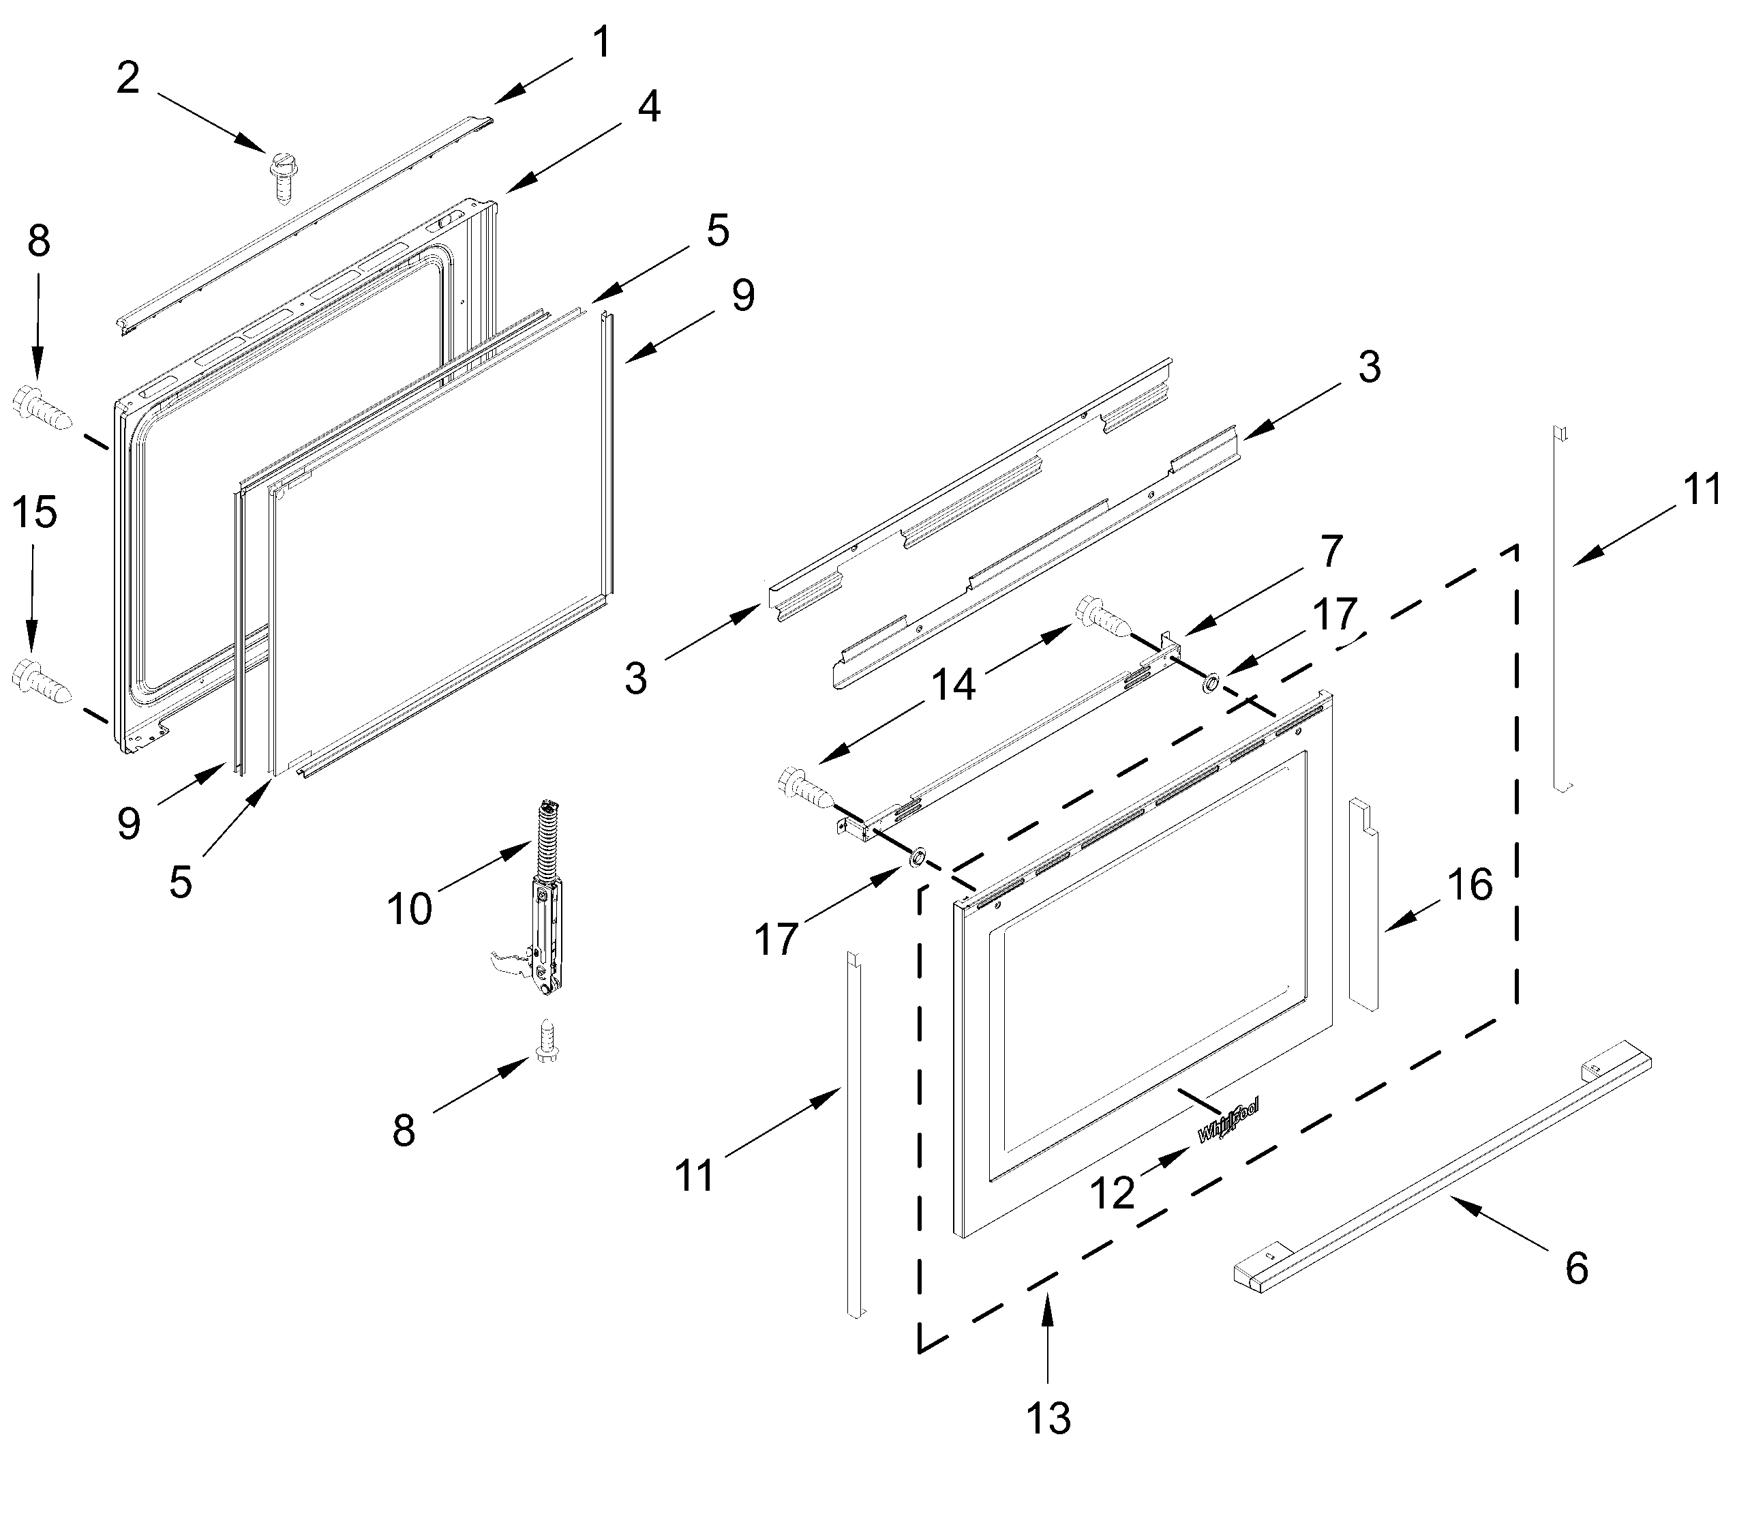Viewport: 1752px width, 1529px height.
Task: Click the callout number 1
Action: click(x=601, y=43)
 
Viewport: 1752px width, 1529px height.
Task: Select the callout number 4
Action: click(x=649, y=108)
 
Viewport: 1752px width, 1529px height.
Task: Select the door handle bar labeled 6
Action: click(x=1442, y=1169)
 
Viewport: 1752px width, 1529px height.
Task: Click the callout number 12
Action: click(x=1113, y=1193)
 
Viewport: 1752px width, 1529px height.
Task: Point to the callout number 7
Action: click(x=1331, y=550)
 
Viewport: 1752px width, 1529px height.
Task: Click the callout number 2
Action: click(x=128, y=78)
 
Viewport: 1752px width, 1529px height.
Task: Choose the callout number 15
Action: click(x=35, y=512)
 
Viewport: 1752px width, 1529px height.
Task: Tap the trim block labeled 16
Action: click(x=1363, y=904)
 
